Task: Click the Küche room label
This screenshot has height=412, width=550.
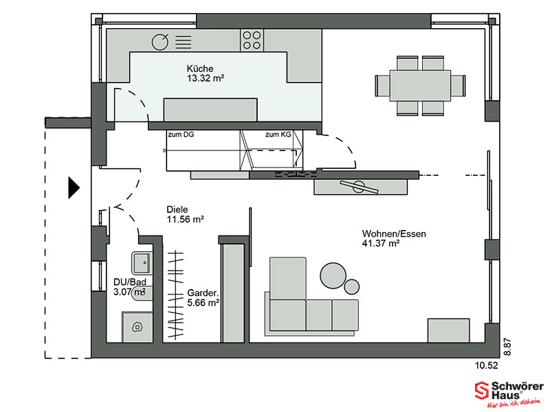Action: tap(199, 68)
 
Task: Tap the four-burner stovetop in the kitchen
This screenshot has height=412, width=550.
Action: tap(252, 41)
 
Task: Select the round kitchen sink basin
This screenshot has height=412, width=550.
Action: tap(160, 42)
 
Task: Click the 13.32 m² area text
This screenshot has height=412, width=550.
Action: tap(205, 78)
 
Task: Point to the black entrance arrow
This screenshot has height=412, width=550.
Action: tap(74, 187)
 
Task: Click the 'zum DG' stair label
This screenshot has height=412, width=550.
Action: tap(181, 135)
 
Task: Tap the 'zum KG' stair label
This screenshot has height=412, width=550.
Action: tap(278, 135)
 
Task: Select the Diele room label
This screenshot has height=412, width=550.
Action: tap(177, 209)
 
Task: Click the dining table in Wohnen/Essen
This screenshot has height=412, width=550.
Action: tap(420, 85)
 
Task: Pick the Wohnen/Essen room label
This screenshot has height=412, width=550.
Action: tap(394, 233)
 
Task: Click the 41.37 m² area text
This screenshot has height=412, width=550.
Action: tap(381, 243)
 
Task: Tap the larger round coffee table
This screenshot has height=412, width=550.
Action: tap(333, 276)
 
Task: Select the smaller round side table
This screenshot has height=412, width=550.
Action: tap(351, 286)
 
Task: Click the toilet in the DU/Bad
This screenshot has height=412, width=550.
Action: tap(142, 294)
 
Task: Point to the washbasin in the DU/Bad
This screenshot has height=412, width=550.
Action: tap(142, 263)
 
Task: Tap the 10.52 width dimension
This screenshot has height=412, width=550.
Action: tap(487, 365)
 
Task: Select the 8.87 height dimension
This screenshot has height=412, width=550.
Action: tap(507, 347)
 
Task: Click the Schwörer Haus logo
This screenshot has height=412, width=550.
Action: tap(509, 394)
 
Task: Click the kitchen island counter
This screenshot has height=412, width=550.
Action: tap(210, 110)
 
